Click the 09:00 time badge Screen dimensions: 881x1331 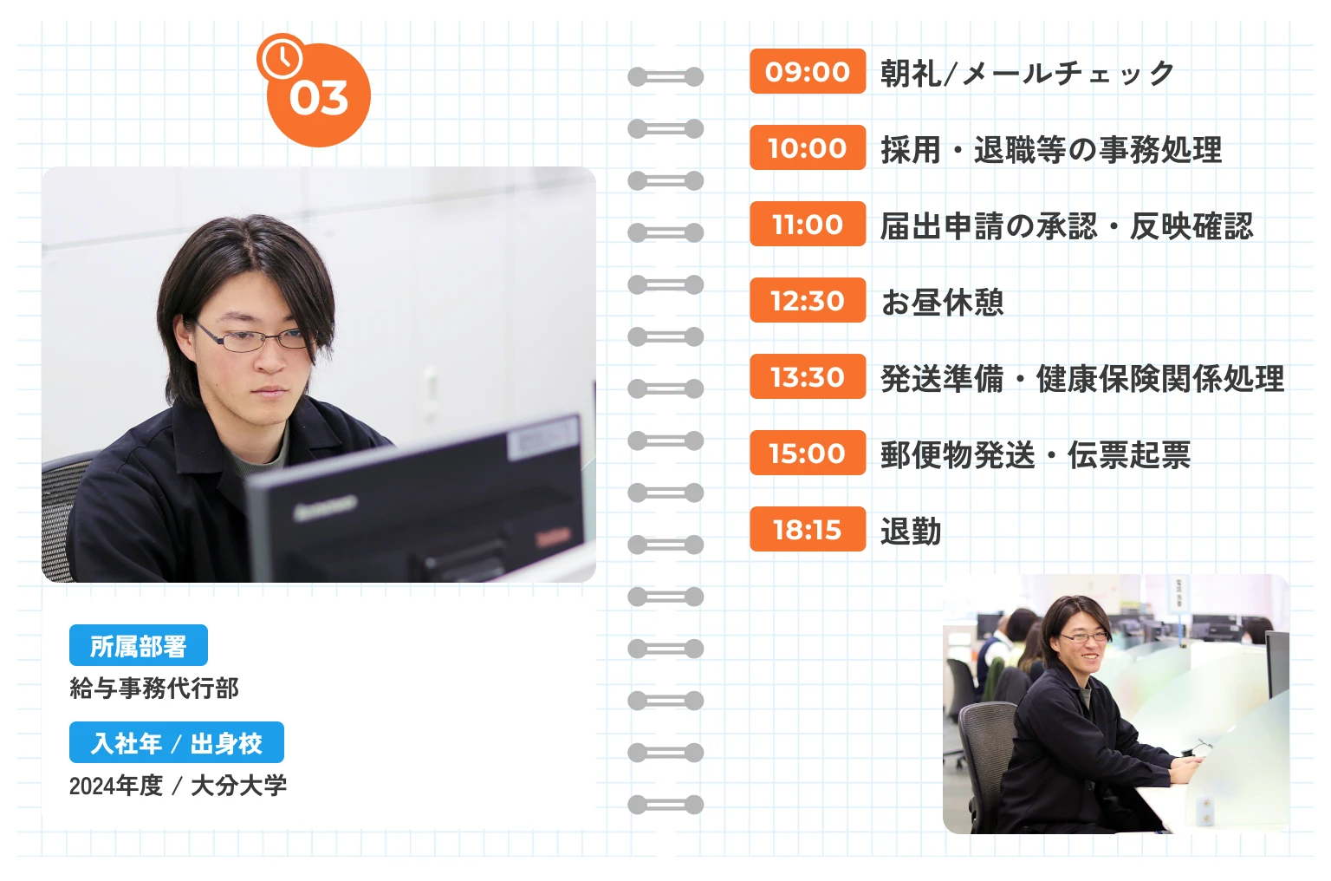point(808,71)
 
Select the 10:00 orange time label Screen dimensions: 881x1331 point(808,147)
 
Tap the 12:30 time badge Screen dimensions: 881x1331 point(808,300)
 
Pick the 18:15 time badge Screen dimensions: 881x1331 point(808,529)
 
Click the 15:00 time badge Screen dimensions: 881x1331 point(808,453)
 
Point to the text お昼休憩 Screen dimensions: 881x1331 point(942,302)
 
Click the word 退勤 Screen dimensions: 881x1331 point(911,531)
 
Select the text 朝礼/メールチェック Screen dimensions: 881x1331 point(1027,73)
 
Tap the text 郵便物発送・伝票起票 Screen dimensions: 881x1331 point(1036,454)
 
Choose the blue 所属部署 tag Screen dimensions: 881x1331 point(139,646)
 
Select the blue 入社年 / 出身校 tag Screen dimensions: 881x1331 point(177,743)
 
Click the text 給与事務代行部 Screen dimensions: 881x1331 point(154,688)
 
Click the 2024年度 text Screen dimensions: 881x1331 point(116,786)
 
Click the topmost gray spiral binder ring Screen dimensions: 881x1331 point(665,77)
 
